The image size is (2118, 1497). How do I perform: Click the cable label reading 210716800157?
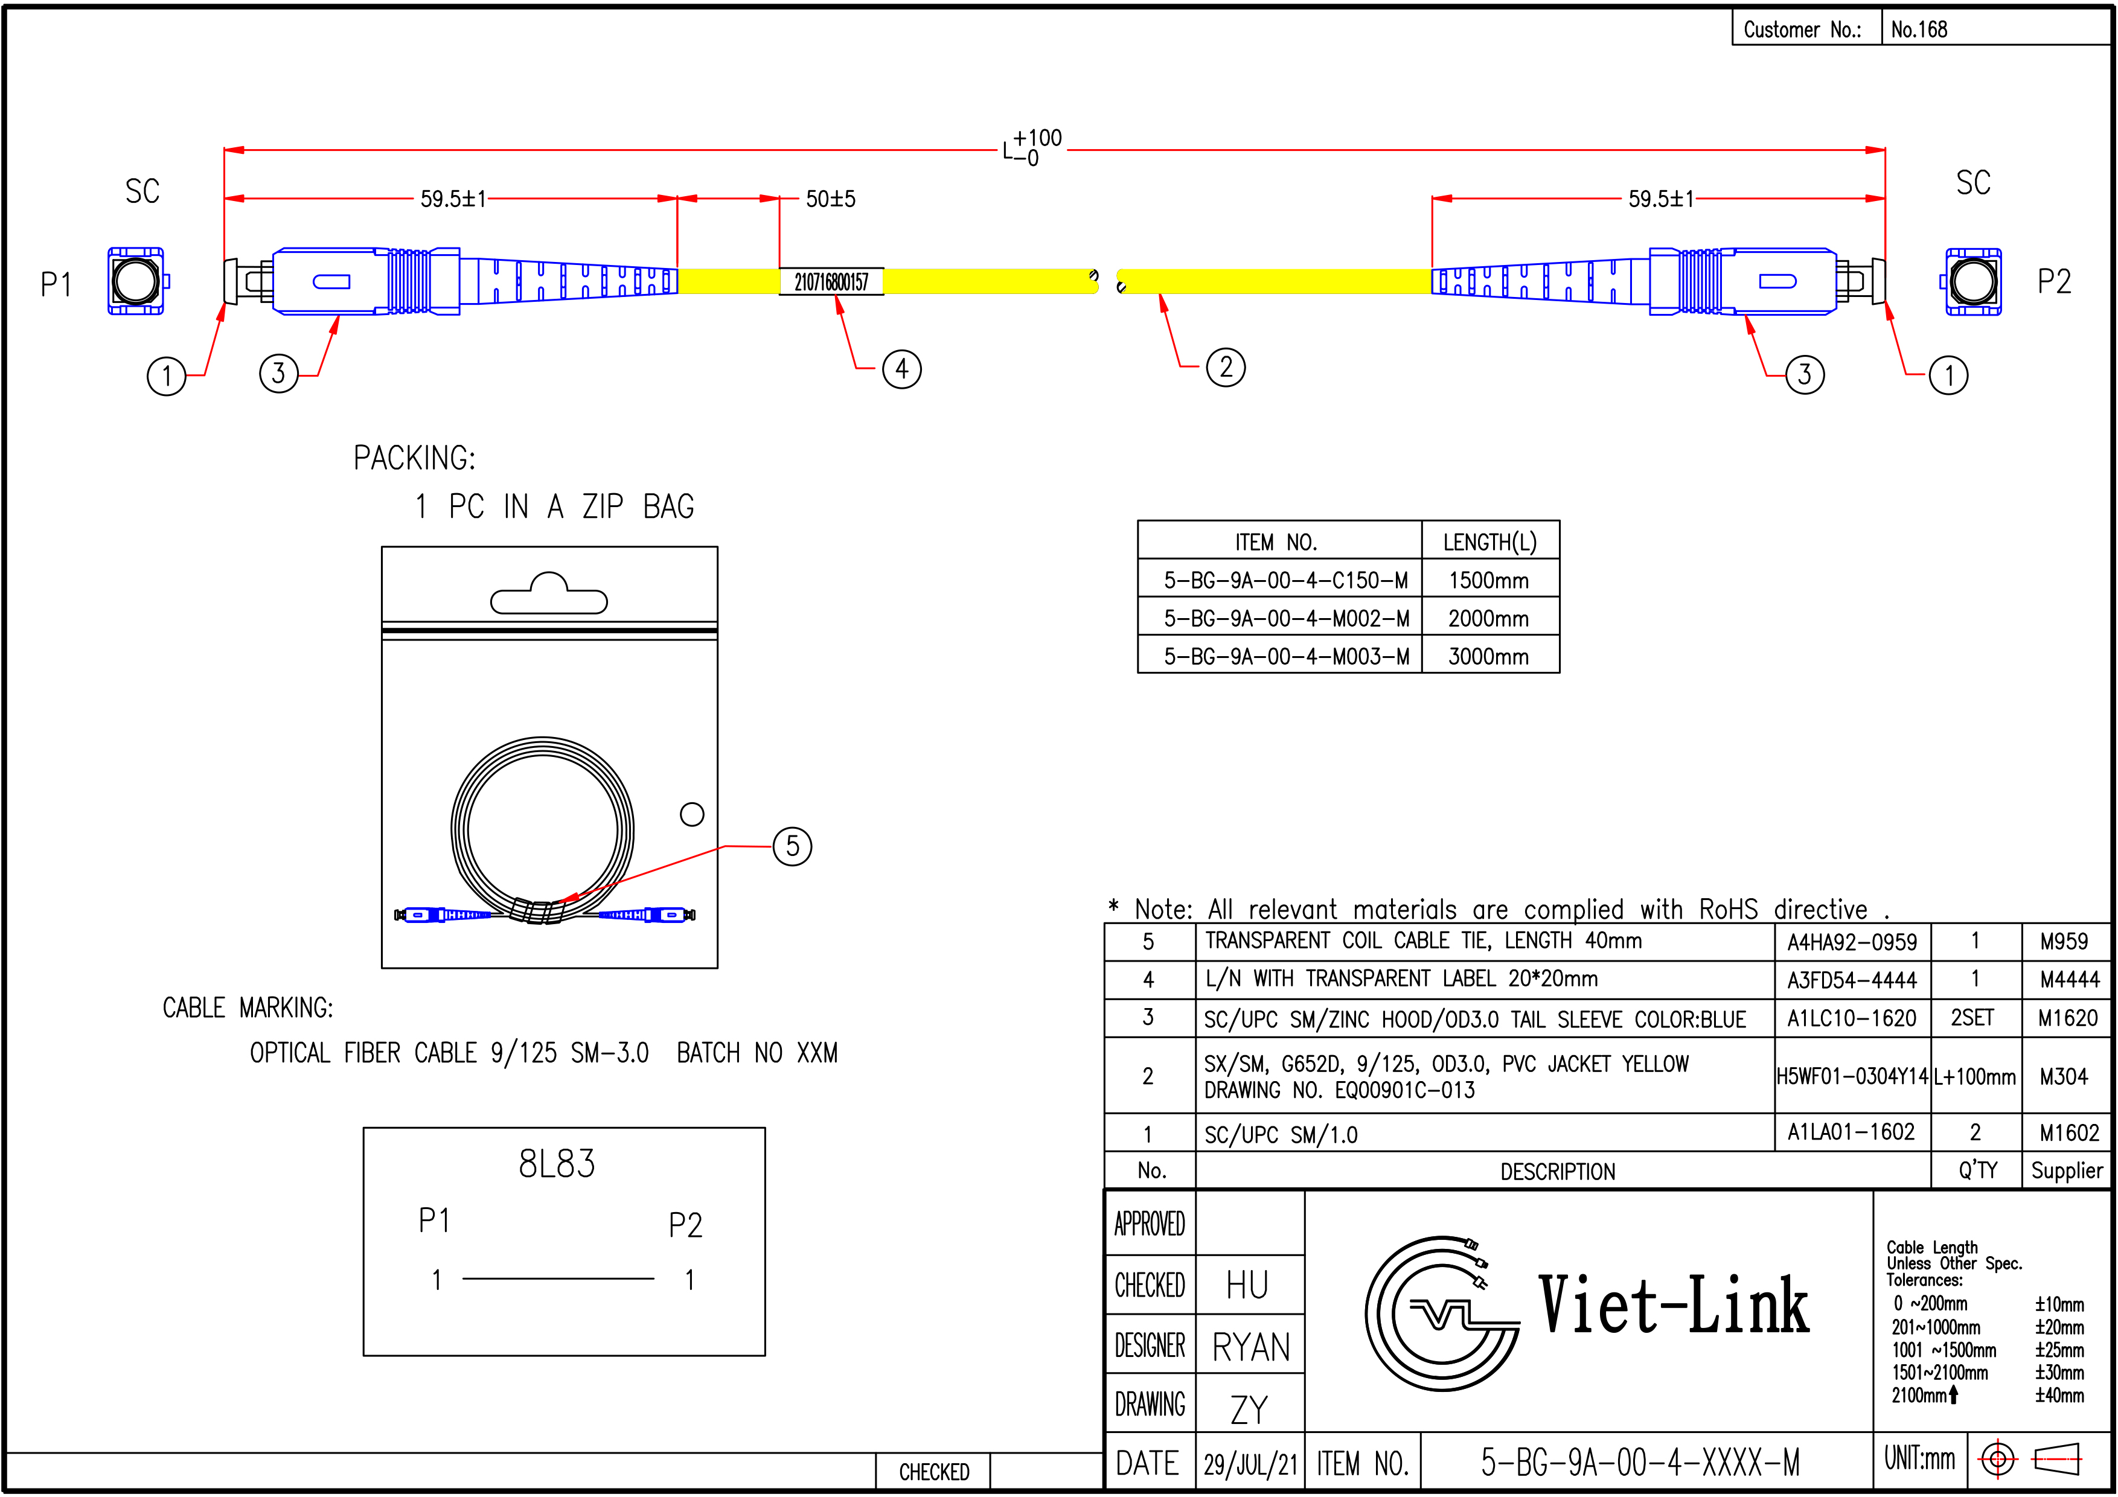831,281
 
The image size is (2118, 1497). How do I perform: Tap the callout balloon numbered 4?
901,369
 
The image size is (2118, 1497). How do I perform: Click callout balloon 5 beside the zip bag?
792,846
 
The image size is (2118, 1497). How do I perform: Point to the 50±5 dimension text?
830,199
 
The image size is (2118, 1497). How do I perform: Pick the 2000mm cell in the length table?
1489,619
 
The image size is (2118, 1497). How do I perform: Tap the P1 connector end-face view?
136,281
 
